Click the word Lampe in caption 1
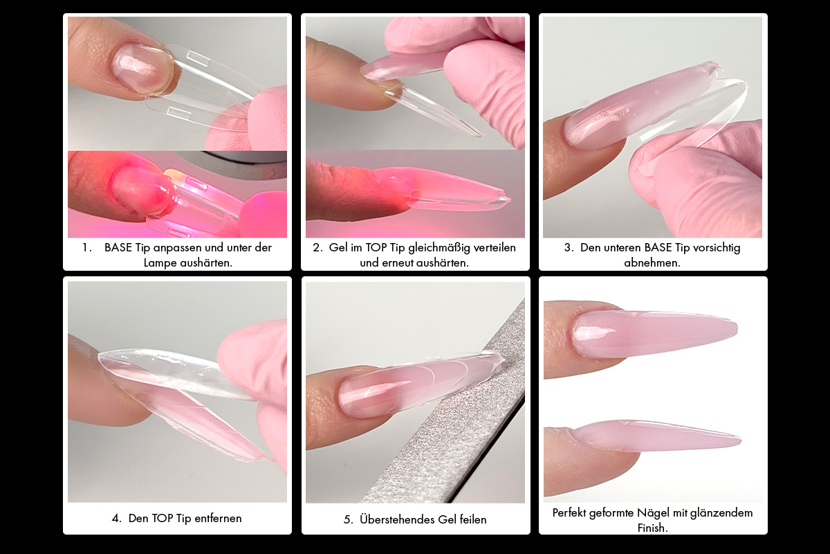(x=160, y=262)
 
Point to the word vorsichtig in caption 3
(x=717, y=248)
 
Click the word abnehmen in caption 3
(x=652, y=262)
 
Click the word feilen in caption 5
(x=473, y=519)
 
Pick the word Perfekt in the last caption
(x=569, y=512)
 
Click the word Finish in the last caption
(x=652, y=527)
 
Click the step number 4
(x=116, y=518)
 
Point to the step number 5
(x=348, y=519)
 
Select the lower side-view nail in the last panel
(x=656, y=436)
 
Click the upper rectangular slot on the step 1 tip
(x=198, y=59)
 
